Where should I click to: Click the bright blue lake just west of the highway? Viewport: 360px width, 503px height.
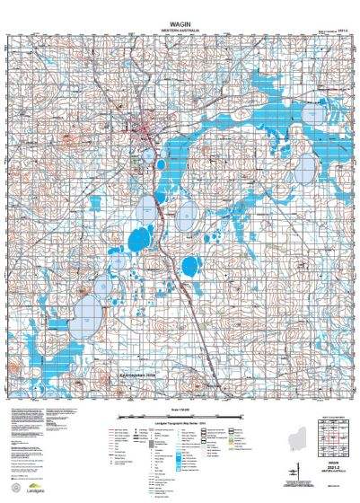(138, 239)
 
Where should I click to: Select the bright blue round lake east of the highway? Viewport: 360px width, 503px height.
(191, 267)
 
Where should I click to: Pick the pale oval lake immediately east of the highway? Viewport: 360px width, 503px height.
(187, 215)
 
